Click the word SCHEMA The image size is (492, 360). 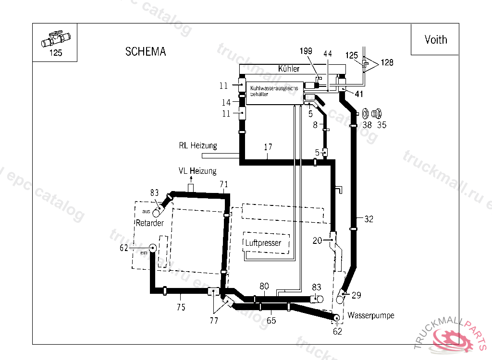(x=146, y=52)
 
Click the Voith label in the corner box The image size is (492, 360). (x=435, y=40)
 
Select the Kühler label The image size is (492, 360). (x=289, y=69)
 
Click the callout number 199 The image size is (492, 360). (x=306, y=51)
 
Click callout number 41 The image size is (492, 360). (x=358, y=94)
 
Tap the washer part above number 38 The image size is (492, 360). (x=365, y=114)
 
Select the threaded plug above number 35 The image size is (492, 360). (x=377, y=114)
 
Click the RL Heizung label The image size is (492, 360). (x=198, y=145)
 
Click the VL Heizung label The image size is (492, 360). (x=197, y=171)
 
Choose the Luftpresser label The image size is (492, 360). (x=263, y=243)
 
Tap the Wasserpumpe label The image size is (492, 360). (x=371, y=315)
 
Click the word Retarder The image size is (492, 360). (x=150, y=223)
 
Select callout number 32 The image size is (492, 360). (x=369, y=219)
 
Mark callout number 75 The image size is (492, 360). (x=181, y=308)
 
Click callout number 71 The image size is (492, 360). (x=224, y=184)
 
